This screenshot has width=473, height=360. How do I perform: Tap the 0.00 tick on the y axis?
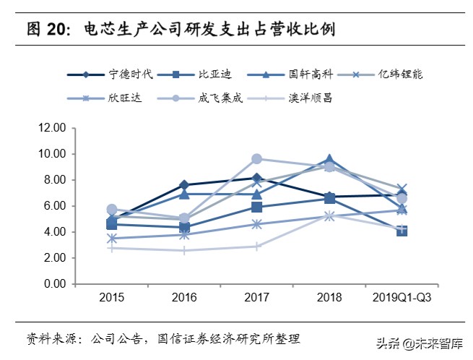[54, 284]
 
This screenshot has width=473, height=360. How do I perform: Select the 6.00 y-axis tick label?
[54, 206]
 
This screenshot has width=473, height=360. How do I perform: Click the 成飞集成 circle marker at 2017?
[256, 159]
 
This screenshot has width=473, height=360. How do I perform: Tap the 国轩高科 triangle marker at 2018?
[329, 159]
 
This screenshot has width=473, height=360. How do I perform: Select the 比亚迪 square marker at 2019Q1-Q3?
[402, 231]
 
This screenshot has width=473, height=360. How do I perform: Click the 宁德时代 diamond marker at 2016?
[184, 185]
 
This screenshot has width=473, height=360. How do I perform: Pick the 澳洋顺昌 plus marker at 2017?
[256, 247]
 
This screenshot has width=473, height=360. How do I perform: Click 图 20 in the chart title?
[48, 30]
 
